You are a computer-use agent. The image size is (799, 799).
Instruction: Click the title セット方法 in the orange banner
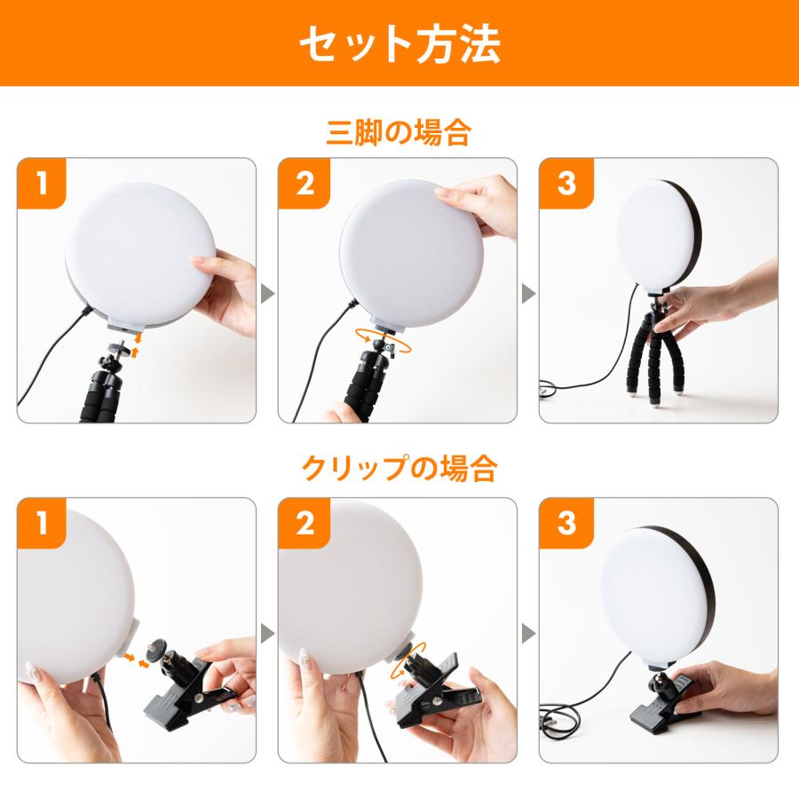click(x=399, y=44)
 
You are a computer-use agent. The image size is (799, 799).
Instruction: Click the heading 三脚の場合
click(x=399, y=133)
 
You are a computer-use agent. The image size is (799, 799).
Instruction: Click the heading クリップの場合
click(x=399, y=468)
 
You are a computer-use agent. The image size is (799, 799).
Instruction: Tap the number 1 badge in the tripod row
click(x=42, y=184)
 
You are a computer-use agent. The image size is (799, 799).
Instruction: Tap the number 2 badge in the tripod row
click(x=305, y=184)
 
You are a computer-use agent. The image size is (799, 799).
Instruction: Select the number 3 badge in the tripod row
click(x=566, y=184)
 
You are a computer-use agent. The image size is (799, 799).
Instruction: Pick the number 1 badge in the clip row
click(x=42, y=523)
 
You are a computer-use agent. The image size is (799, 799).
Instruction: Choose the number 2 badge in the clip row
click(x=305, y=523)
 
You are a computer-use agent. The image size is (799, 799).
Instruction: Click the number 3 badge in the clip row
click(x=566, y=523)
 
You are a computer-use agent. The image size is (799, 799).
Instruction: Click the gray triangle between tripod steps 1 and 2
click(x=267, y=294)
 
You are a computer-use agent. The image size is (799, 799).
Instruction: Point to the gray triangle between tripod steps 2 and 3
click(x=528, y=294)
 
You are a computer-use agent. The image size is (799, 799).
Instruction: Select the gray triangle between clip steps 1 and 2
click(x=267, y=633)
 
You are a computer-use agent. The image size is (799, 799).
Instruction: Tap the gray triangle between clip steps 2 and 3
click(x=528, y=633)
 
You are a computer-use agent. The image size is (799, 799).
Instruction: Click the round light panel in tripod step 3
click(x=658, y=236)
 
